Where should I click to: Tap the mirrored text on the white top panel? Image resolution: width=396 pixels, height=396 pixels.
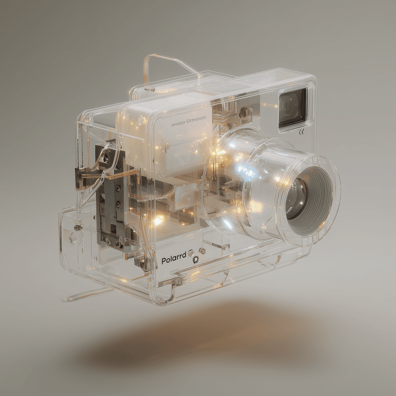[189, 124]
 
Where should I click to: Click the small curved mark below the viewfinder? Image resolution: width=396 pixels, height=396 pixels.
[301, 132]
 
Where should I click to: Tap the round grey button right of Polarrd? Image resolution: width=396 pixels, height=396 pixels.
[191, 254]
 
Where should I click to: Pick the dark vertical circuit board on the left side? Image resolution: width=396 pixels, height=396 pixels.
[111, 195]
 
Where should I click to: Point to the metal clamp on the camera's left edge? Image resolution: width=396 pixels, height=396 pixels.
[79, 178]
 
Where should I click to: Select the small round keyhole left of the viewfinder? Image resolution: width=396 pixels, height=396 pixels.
[245, 112]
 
